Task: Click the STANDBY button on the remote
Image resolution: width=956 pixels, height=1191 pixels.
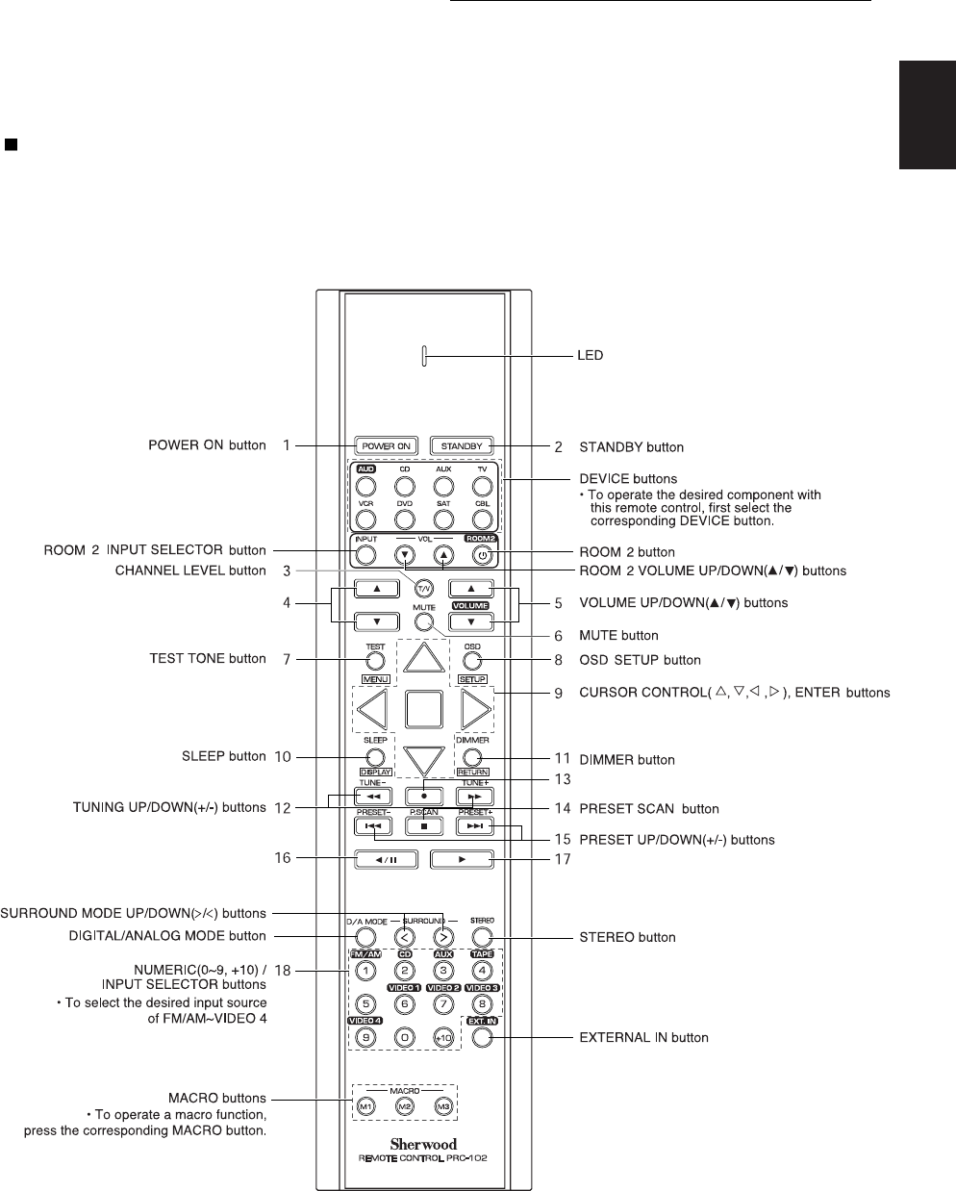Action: [x=462, y=445]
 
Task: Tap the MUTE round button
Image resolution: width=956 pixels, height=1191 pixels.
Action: [x=424, y=622]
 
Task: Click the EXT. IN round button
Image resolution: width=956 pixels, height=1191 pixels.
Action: [x=482, y=1038]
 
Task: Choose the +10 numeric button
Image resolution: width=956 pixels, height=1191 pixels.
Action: [x=443, y=1038]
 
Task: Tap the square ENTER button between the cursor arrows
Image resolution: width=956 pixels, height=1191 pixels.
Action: [x=424, y=710]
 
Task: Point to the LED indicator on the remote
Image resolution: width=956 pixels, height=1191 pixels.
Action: [x=423, y=356]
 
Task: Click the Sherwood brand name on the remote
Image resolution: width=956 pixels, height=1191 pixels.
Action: [x=423, y=1144]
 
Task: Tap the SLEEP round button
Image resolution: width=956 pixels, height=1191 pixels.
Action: [x=375, y=755]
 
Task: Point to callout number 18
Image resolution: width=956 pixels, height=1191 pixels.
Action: [x=284, y=971]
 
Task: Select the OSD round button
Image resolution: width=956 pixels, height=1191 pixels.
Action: [x=471, y=662]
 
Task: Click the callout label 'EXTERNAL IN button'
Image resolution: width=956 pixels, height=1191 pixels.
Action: [x=642, y=1038]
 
